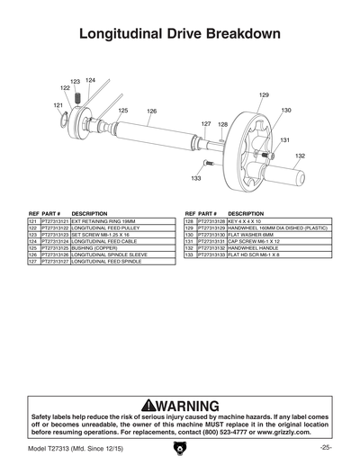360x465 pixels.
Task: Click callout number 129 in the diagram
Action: [264, 94]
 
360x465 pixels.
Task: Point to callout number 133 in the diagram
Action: [195, 179]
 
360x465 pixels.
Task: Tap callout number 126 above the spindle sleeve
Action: [152, 111]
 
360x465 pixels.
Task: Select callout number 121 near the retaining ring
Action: [58, 105]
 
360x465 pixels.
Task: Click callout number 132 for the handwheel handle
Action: [300, 156]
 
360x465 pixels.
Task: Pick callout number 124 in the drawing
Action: [90, 81]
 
